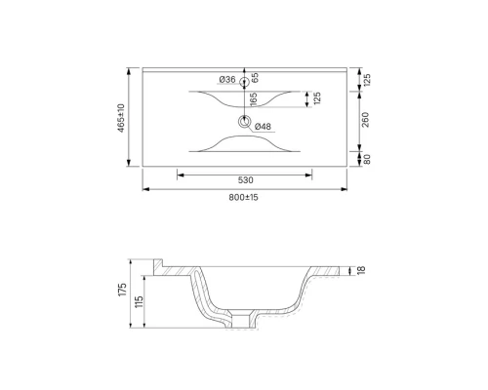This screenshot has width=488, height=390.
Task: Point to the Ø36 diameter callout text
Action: coord(226,79)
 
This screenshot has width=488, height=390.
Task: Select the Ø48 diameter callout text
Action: coord(263,127)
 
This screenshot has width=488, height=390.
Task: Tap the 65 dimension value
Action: coord(255,77)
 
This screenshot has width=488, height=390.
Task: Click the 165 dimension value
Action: coord(253,99)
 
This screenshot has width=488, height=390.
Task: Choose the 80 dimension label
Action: coord(365,160)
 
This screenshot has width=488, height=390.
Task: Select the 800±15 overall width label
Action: coord(243,197)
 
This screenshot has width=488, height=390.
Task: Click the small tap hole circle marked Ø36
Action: coord(243,80)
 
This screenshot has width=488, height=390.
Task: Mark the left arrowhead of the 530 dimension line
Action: coord(179,175)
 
